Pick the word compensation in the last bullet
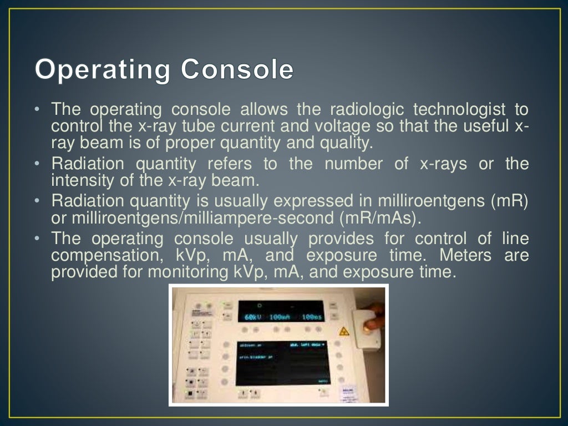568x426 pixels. (102, 256)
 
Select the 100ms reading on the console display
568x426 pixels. (311, 317)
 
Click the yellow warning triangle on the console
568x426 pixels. (344, 331)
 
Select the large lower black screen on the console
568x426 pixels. (282, 363)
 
